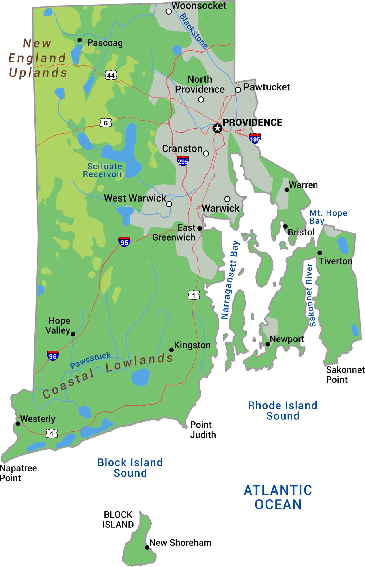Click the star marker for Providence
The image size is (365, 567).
click(x=218, y=128)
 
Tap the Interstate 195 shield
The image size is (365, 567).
click(x=255, y=138)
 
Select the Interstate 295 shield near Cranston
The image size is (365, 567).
click(x=183, y=161)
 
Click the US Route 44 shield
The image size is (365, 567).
click(x=111, y=75)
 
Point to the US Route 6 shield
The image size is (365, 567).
click(x=106, y=123)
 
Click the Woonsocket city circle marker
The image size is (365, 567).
click(x=169, y=11)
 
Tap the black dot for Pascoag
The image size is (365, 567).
click(x=80, y=40)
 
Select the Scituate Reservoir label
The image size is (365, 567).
click(x=103, y=170)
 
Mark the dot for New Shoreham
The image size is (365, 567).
click(x=147, y=547)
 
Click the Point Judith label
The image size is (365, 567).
click(x=203, y=429)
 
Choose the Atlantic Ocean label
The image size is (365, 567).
click(x=278, y=497)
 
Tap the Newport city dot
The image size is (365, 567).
click(x=268, y=344)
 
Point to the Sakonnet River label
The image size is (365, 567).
click(x=311, y=295)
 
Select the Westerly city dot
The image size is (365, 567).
click(x=18, y=424)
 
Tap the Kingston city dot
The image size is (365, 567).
click(x=171, y=350)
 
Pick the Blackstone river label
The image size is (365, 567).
click(x=194, y=31)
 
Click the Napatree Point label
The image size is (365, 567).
click(x=18, y=473)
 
